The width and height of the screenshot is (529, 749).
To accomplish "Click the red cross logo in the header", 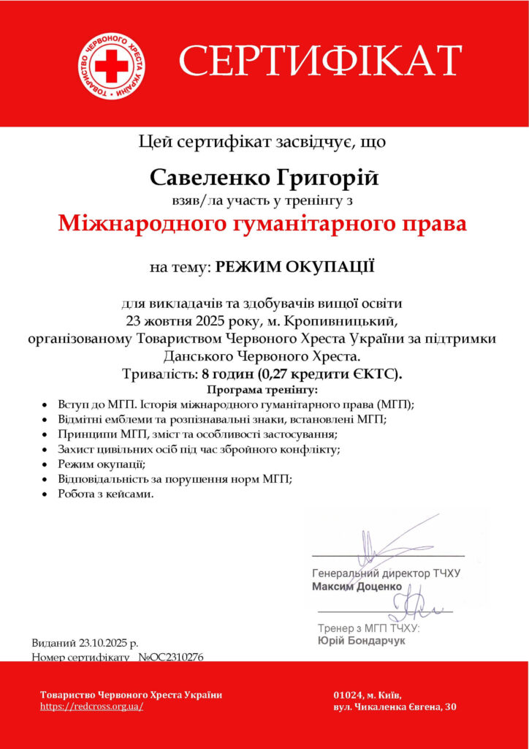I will [x=111, y=67].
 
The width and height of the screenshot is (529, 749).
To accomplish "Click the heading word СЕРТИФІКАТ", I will [x=320, y=61].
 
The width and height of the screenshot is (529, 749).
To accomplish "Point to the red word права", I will [x=432, y=223].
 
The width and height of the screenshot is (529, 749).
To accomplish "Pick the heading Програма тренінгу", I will [x=264, y=390].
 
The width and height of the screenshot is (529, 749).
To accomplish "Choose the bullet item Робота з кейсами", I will [x=106, y=494].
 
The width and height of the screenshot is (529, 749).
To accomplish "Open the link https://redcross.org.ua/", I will [x=91, y=707].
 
